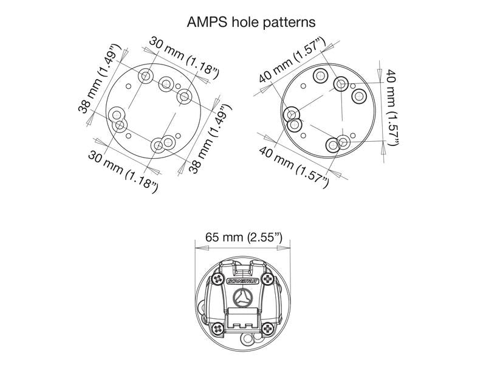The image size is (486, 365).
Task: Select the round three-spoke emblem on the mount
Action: tap(242, 299)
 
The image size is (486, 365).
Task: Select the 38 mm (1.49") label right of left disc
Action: tap(210, 140)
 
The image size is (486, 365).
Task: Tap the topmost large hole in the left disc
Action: tap(146, 76)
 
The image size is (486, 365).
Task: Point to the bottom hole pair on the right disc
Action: tap(337, 144)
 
